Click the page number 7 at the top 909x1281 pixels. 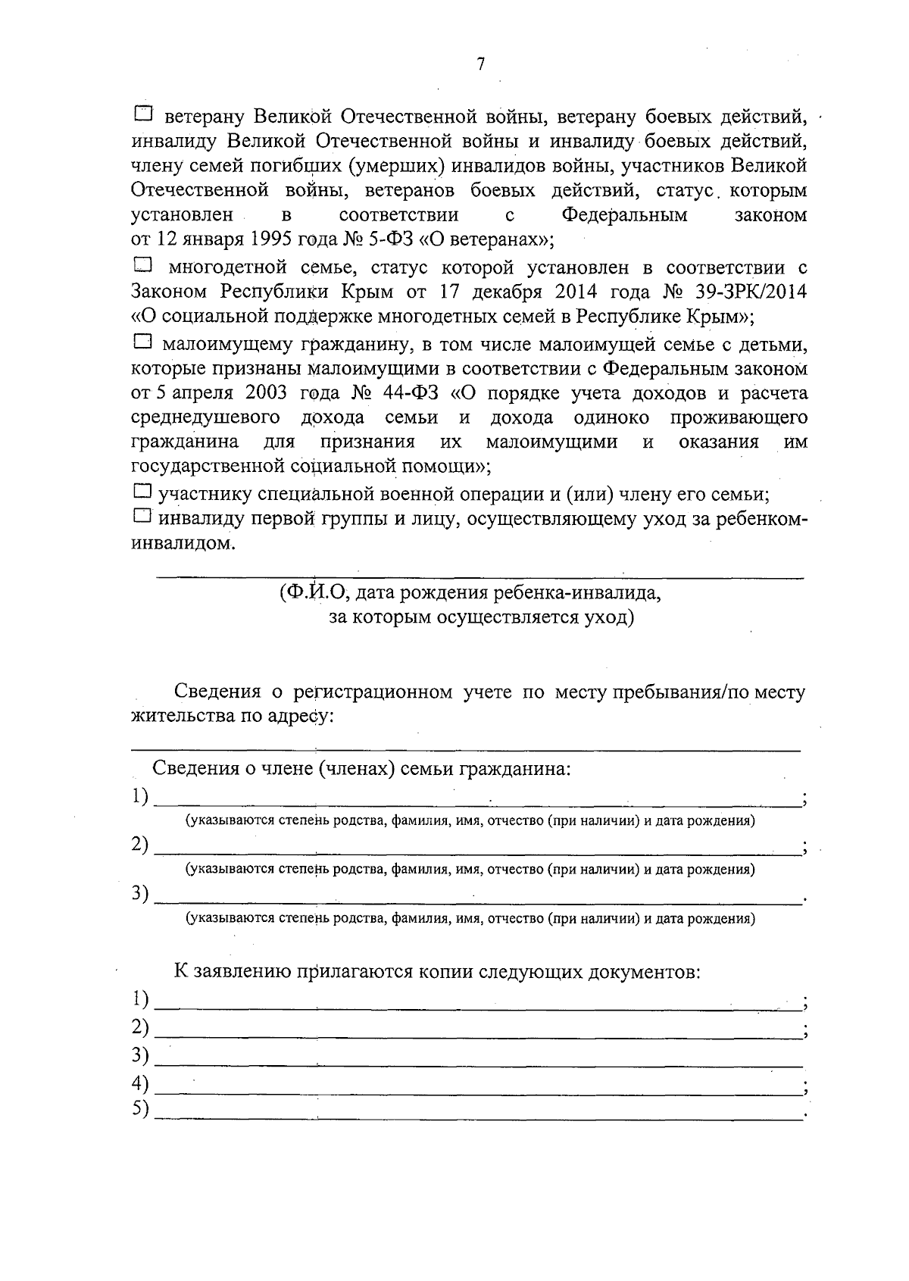[x=480, y=65]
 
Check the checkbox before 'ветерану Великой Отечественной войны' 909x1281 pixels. [x=142, y=114]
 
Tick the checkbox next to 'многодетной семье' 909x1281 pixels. [x=142, y=265]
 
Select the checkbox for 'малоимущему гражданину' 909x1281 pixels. [x=142, y=342]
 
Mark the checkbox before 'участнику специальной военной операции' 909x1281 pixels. [x=142, y=492]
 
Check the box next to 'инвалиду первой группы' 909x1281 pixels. [x=142, y=517]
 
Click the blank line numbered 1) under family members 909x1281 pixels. [x=477, y=805]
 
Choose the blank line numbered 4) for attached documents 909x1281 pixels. [x=477, y=1092]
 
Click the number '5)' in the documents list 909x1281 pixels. [x=139, y=1109]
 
